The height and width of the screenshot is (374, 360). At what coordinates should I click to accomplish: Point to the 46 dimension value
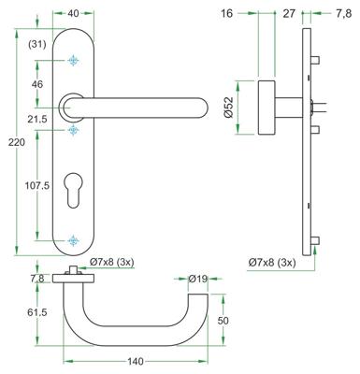pos(38,84)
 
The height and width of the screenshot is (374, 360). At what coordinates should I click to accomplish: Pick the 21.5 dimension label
pos(38,121)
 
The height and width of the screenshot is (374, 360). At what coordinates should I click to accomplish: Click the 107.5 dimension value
pos(38,185)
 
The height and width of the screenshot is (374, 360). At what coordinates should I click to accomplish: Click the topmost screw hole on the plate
pos(73,61)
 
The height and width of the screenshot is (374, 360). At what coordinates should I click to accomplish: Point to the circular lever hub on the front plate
pos(73,106)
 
